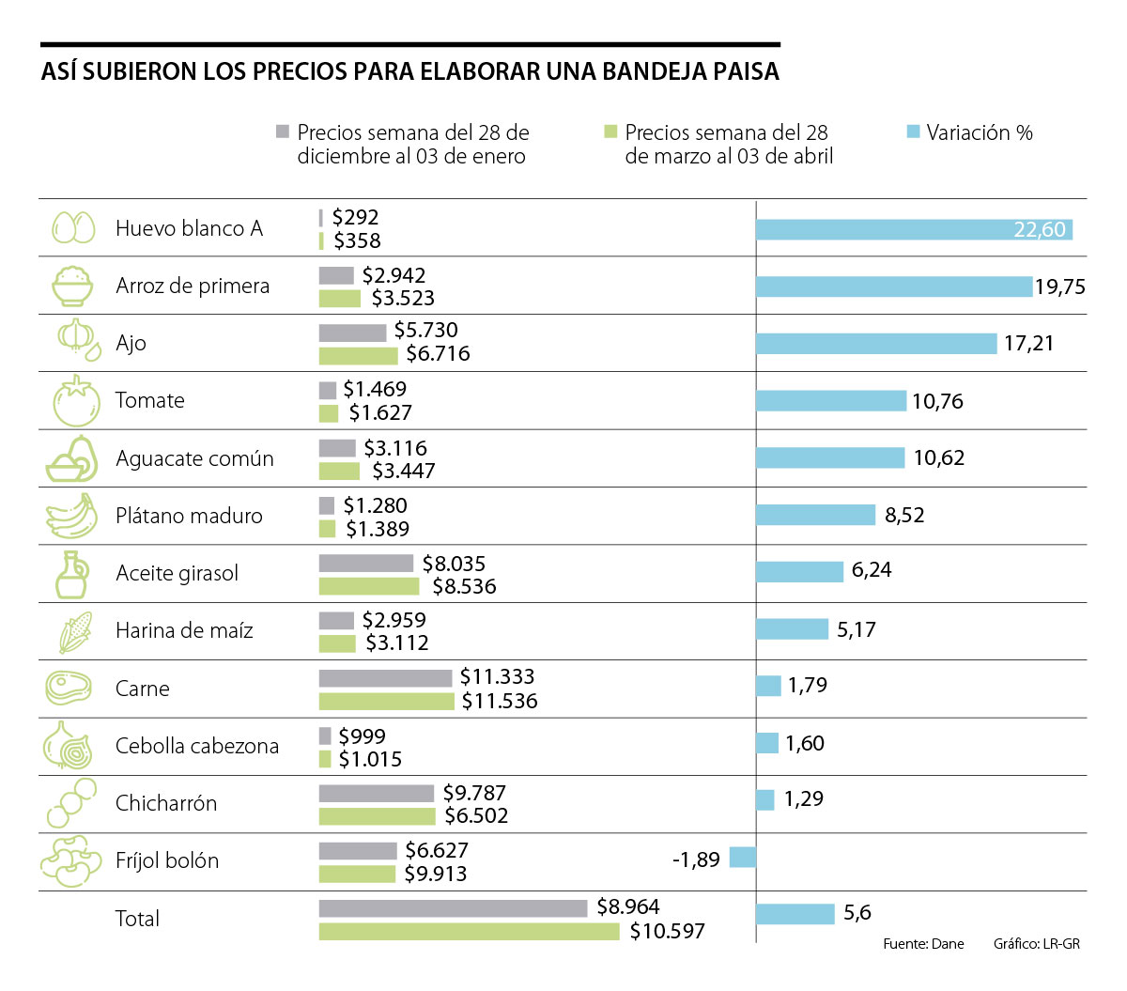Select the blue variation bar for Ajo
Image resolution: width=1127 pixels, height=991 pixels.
875,344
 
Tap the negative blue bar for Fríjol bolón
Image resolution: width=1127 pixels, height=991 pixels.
742,857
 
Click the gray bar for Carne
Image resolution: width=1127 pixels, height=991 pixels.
385,678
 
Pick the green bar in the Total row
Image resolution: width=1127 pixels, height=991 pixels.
469,931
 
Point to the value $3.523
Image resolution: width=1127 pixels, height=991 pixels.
403,299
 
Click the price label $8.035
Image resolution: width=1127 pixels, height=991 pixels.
454,564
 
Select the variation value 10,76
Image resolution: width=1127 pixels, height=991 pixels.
937,401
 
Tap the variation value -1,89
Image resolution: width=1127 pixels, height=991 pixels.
696,859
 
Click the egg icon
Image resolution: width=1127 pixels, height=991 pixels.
73,227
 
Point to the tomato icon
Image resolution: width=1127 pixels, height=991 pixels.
75,401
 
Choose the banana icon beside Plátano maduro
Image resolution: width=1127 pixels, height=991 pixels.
71,516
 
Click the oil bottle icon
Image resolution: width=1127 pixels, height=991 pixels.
71,574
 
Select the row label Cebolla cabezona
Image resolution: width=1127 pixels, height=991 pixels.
197,746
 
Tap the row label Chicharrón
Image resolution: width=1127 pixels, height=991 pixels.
166,803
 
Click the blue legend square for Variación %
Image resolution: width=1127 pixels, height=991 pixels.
913,132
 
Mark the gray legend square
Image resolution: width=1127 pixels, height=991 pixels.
283,132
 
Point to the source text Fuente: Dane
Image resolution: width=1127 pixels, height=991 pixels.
923,943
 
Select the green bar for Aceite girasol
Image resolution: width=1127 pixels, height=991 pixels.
368,586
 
